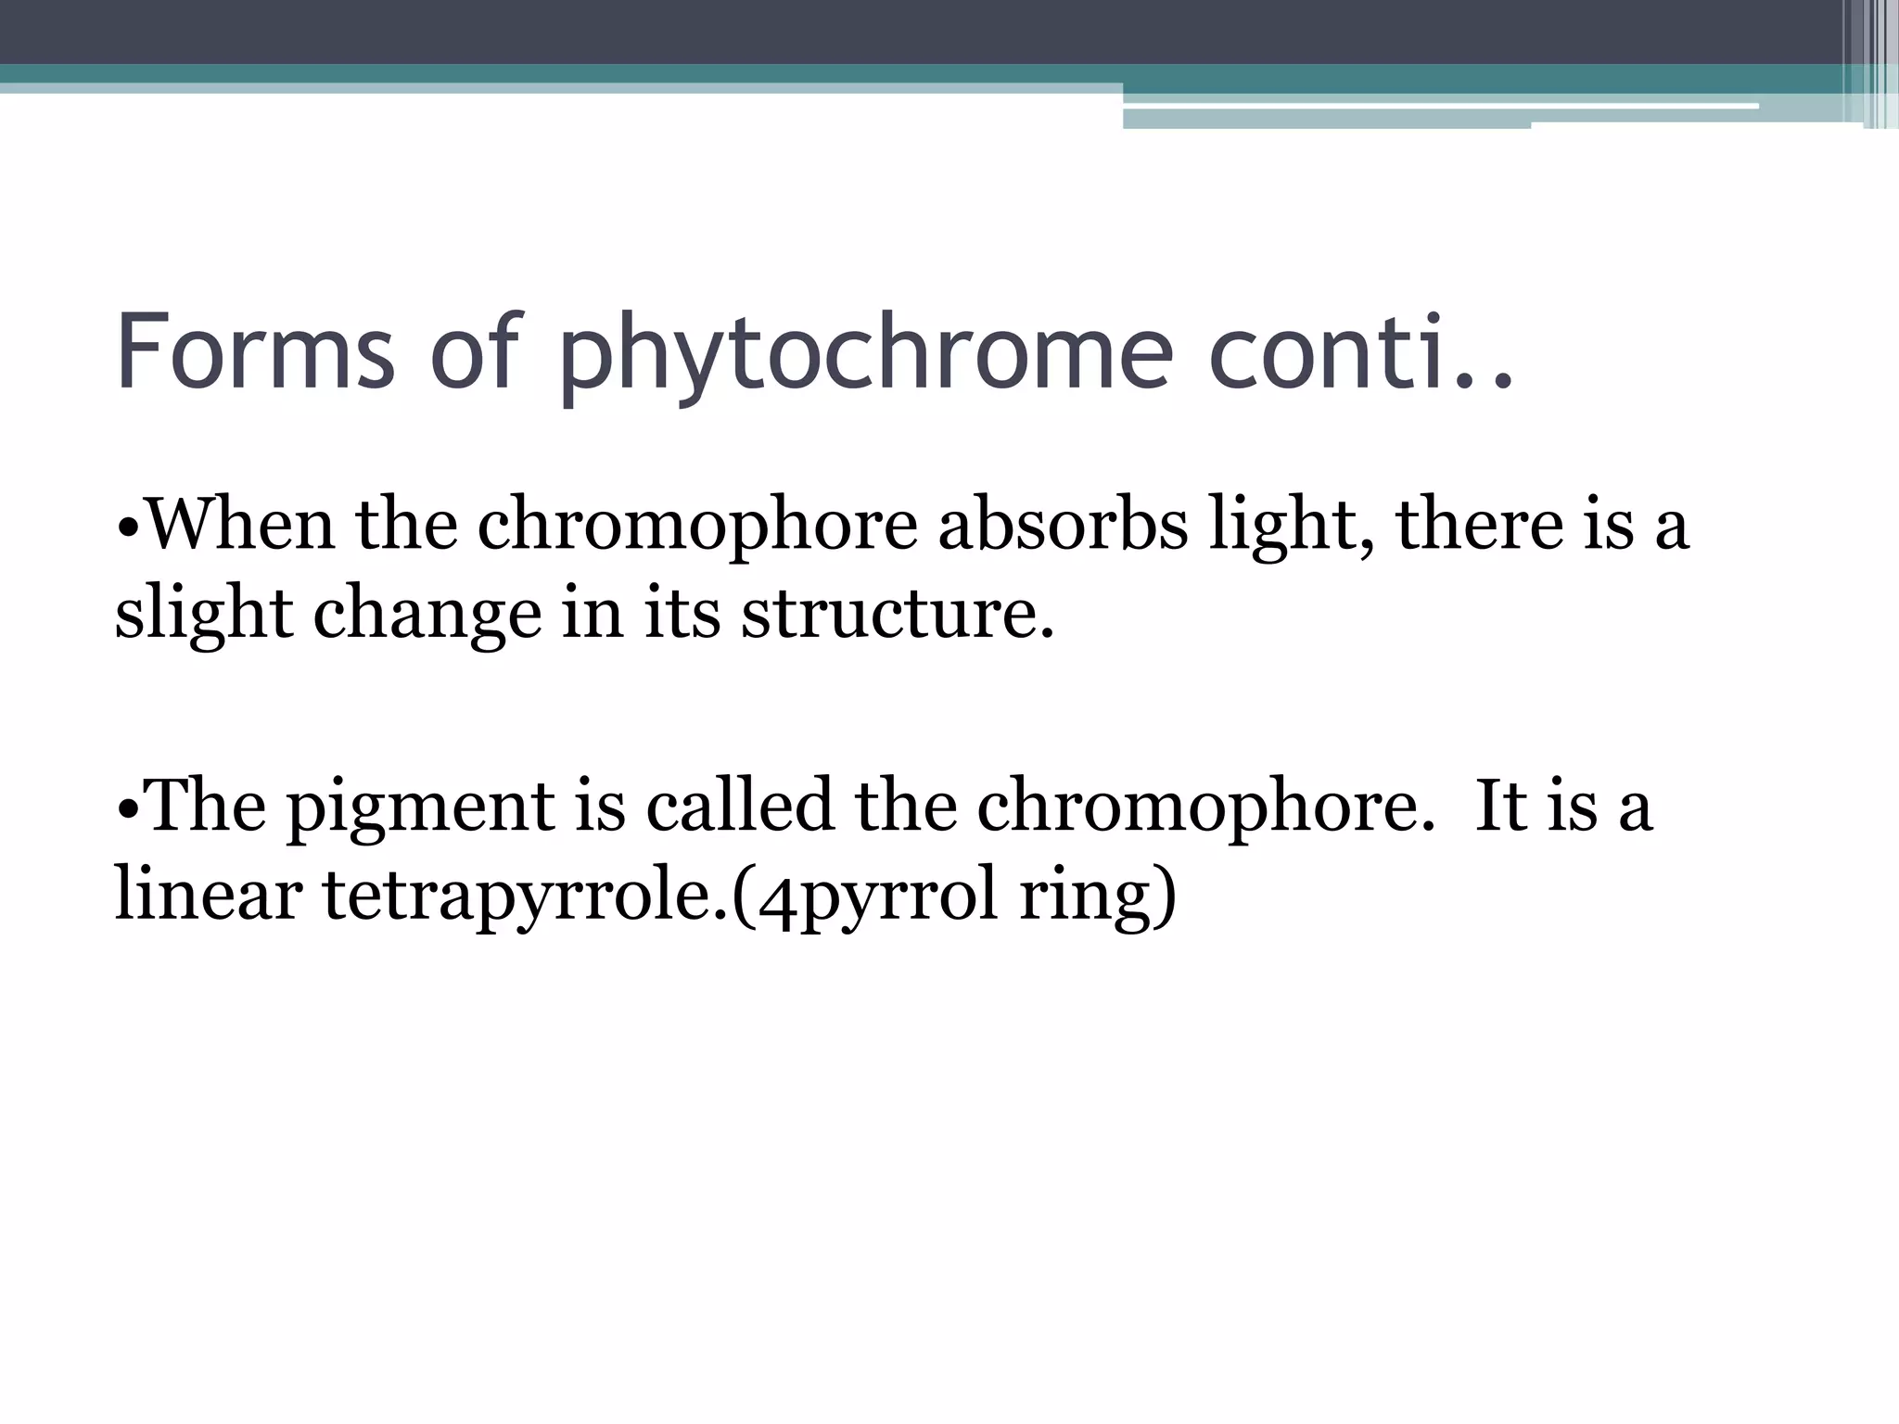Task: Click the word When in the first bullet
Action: tap(241, 525)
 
